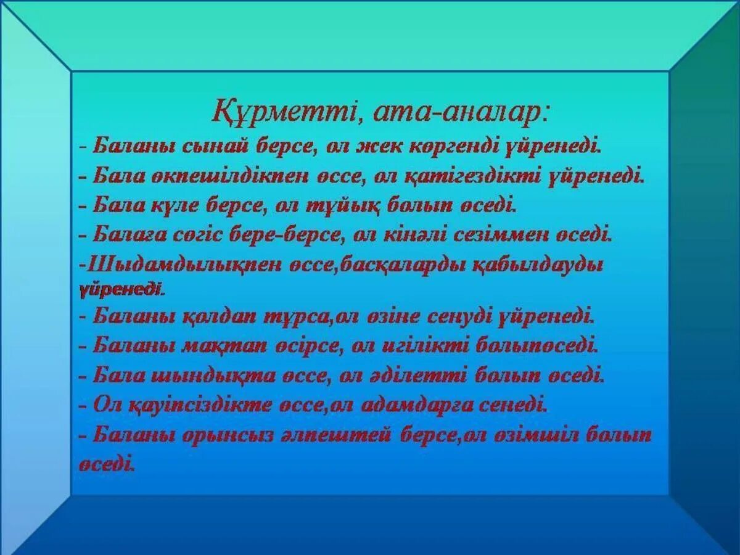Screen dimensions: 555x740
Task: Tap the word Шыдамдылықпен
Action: pos(183,265)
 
